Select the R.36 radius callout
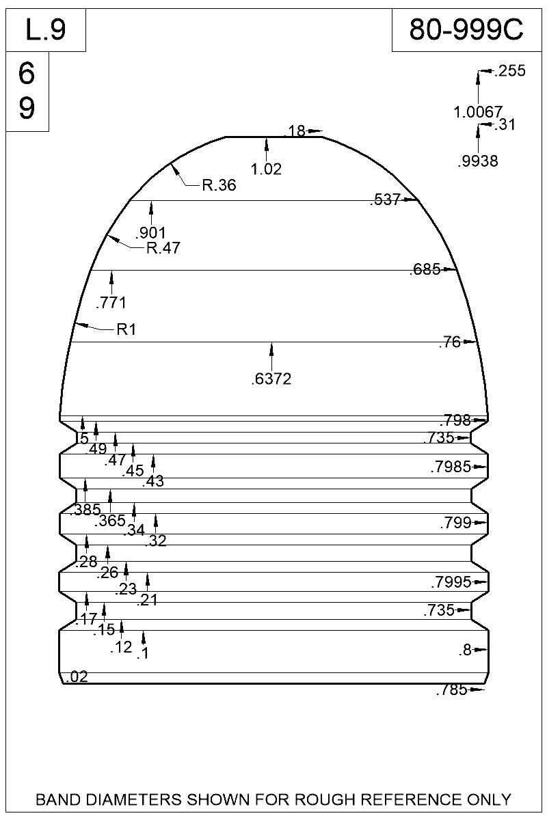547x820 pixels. click(219, 184)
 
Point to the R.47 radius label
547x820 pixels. click(163, 248)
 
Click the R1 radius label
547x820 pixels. click(126, 330)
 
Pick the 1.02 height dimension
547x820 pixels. click(266, 169)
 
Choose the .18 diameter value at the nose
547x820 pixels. click(295, 131)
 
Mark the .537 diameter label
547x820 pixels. click(385, 200)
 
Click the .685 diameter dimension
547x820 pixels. click(425, 270)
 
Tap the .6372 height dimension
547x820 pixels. click(271, 379)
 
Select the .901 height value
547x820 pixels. click(150, 232)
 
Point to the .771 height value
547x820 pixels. click(111, 302)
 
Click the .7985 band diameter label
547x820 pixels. click(451, 467)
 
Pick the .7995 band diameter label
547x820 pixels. click(451, 583)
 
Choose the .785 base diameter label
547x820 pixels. click(451, 691)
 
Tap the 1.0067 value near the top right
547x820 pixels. click(478, 111)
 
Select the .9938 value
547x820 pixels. click(477, 162)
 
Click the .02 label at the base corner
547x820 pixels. click(78, 677)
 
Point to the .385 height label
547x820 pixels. click(85, 509)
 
